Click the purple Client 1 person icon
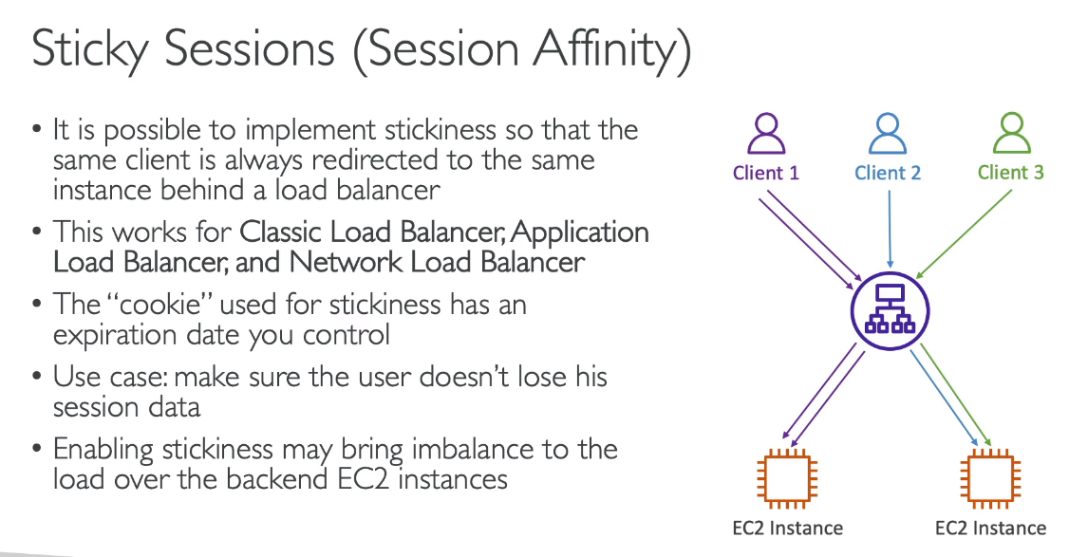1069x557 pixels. click(765, 134)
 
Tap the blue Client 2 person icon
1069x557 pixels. click(888, 134)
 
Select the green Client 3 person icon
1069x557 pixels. click(1012, 134)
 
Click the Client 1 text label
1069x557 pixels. click(765, 173)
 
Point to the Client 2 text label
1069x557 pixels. click(888, 173)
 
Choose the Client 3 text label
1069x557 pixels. click(1011, 173)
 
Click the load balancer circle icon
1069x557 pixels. click(890, 311)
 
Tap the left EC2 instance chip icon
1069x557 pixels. click(787, 478)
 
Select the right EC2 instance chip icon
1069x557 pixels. click(990, 478)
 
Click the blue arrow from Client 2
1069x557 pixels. click(890, 229)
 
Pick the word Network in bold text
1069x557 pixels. click(346, 263)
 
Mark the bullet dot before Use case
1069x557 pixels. click(37, 377)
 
